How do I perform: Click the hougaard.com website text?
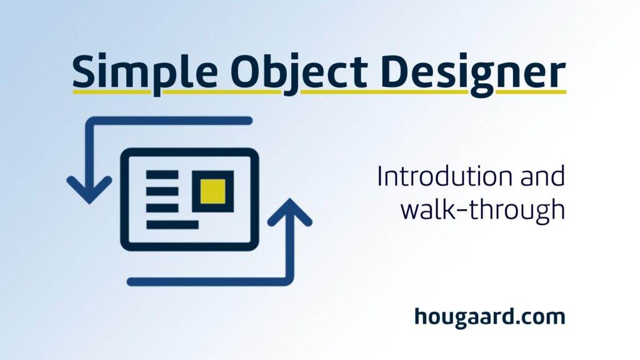(490, 317)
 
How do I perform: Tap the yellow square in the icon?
(212, 191)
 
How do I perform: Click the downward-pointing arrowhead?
(89, 190)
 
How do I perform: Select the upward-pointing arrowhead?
(290, 212)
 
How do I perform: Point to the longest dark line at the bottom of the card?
(172, 224)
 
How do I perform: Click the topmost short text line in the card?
(162, 175)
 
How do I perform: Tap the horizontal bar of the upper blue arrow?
(169, 121)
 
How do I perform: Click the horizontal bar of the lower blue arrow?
(210, 281)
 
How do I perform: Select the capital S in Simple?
(84, 71)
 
